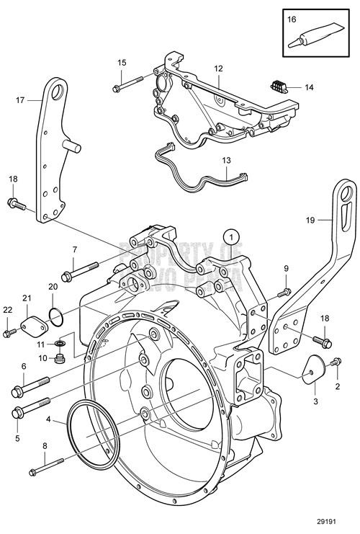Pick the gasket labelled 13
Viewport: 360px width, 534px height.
pyautogui.click(x=202, y=172)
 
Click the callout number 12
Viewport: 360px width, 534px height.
pyautogui.click(x=217, y=68)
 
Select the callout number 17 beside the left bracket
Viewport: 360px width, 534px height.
pyautogui.click(x=20, y=101)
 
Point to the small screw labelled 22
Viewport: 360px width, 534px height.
pyautogui.click(x=9, y=331)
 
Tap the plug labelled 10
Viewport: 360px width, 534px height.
pyautogui.click(x=60, y=358)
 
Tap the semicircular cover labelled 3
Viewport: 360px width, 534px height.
pyautogui.click(x=311, y=368)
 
